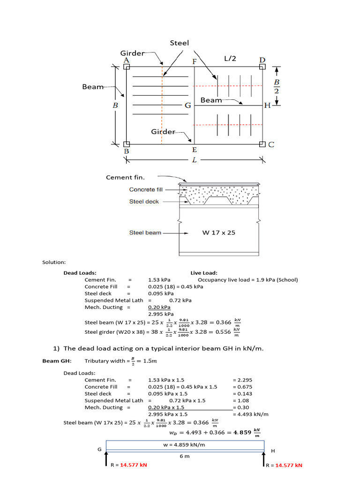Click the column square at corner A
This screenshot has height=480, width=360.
[x=127, y=67]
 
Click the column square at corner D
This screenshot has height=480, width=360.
[x=262, y=67]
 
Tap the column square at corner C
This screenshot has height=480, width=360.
[x=262, y=144]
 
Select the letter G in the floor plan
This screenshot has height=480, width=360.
[x=187, y=105]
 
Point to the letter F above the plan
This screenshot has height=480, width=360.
[x=194, y=61]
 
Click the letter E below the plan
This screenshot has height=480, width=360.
[x=194, y=150]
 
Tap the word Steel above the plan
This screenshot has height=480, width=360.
[x=179, y=43]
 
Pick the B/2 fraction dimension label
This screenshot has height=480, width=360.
[x=277, y=86]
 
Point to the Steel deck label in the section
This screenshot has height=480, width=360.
[x=144, y=202]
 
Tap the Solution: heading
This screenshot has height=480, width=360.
[x=54, y=262]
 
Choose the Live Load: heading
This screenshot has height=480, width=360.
[x=204, y=273]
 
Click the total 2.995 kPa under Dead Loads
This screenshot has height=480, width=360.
[x=161, y=314]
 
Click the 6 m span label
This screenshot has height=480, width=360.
[x=185, y=456]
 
